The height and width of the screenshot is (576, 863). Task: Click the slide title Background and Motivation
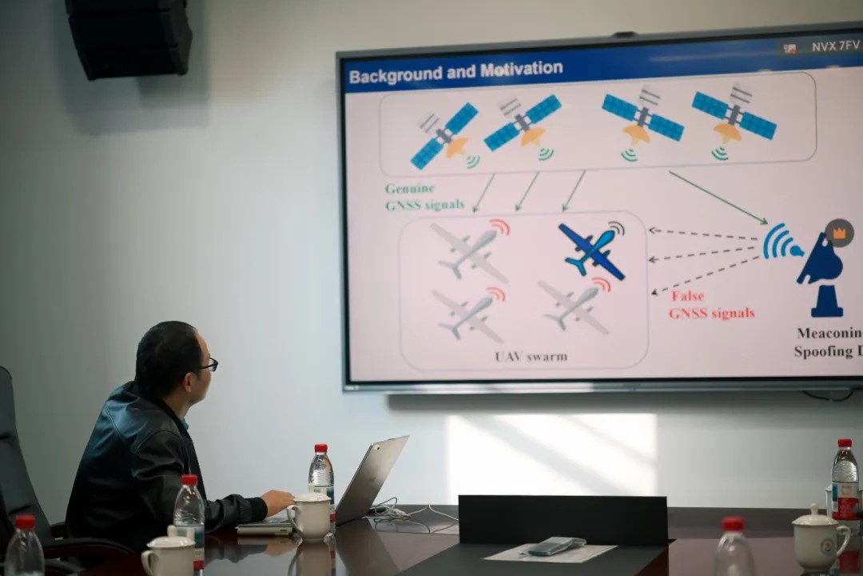coord(455,72)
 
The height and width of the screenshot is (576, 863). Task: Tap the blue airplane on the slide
coord(592,250)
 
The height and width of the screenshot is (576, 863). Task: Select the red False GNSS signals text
coord(711,305)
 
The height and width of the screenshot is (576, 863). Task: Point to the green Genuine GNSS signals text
coord(424,197)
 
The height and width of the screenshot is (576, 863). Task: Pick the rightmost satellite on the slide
coord(734,116)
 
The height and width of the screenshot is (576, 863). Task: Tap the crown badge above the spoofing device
coord(839,233)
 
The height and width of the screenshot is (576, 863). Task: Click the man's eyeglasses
coord(208,365)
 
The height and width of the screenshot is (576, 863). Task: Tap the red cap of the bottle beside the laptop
coord(320,449)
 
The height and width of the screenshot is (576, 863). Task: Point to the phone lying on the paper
coord(555,546)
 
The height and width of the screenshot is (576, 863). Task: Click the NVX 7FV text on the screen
coord(835,47)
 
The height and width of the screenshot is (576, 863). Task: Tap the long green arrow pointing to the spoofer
coord(717,197)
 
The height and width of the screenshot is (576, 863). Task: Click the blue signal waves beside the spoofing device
coord(779,242)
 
